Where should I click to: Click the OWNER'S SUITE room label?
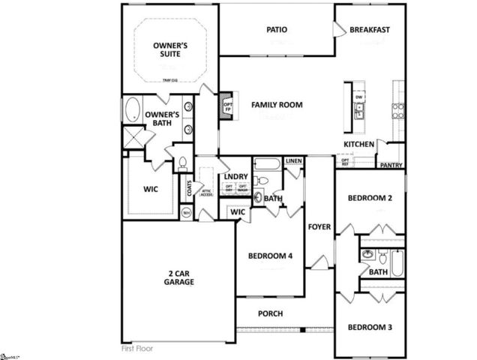click(169, 50)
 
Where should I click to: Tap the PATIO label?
click(277, 30)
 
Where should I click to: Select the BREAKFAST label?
click(370, 30)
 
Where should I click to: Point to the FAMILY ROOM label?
click(277, 105)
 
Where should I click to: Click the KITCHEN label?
click(358, 144)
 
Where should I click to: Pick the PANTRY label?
click(391, 165)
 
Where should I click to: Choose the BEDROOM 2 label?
click(370, 199)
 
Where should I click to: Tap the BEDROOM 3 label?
click(370, 327)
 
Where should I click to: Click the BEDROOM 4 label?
click(270, 256)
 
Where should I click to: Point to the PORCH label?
click(270, 313)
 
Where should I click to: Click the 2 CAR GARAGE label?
click(179, 277)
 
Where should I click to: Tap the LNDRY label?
click(235, 177)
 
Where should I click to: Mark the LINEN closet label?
click(293, 160)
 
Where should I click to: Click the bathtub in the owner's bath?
click(133, 109)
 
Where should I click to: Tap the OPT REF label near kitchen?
click(345, 162)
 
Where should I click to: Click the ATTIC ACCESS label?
click(206, 192)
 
